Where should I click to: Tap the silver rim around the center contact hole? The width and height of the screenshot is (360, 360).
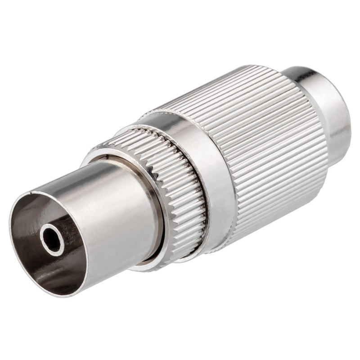(x=45, y=234)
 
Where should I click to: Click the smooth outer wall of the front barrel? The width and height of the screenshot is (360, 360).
(x=112, y=211)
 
